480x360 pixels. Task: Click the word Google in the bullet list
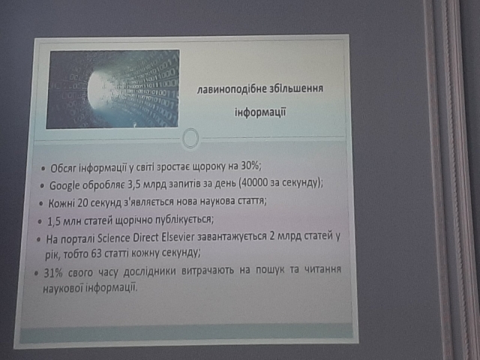64,185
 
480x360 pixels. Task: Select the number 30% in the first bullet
250,166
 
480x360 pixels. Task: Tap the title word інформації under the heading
260,112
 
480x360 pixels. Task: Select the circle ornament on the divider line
190,139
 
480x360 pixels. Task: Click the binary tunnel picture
112,88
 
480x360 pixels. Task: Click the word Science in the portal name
114,238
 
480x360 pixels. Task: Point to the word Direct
145,238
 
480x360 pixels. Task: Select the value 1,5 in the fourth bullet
53,221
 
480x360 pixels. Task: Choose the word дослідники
149,271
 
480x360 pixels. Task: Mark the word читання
322,269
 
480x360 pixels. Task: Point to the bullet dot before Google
43,186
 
